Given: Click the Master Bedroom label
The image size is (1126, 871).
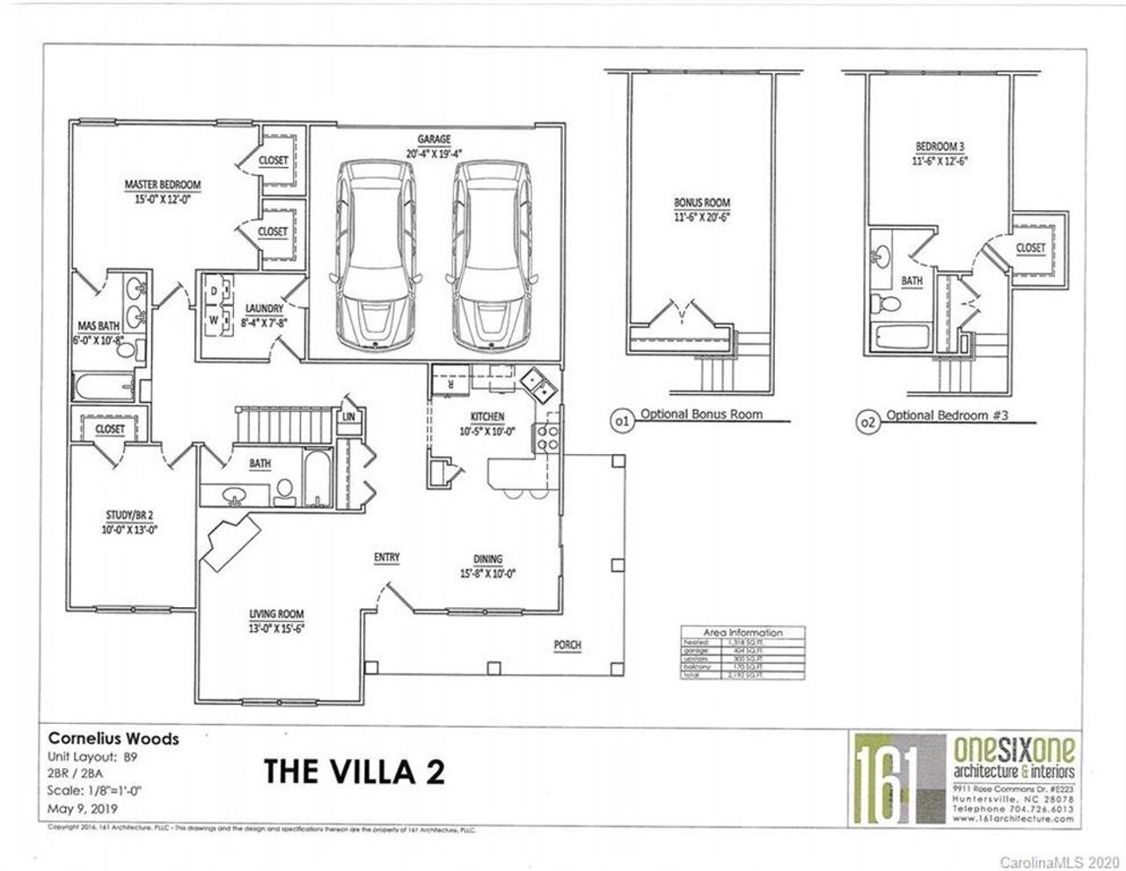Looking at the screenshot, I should click(x=162, y=185).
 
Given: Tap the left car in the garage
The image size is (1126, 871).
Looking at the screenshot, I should click(x=375, y=256).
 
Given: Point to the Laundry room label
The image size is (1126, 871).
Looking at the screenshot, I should click(x=264, y=309).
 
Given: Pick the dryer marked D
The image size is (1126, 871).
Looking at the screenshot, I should click(x=214, y=289).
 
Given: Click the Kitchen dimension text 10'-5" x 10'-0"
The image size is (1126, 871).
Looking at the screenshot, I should click(x=487, y=431).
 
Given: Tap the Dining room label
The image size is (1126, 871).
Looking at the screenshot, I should click(x=487, y=559).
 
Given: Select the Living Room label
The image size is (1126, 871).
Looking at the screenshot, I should click(x=275, y=613).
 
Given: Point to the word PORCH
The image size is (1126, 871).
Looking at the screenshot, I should click(x=567, y=645).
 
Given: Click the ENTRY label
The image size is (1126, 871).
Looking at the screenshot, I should click(x=386, y=557).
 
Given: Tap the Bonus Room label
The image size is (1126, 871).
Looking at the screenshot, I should click(x=702, y=202).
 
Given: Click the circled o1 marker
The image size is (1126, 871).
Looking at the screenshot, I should click(x=621, y=422).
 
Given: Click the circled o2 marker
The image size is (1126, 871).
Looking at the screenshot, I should click(x=867, y=423).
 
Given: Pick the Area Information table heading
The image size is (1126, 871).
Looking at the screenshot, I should click(x=743, y=633).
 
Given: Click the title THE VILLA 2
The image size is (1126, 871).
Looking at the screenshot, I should click(x=354, y=771).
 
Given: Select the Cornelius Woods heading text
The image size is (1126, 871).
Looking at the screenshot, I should click(x=113, y=738).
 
